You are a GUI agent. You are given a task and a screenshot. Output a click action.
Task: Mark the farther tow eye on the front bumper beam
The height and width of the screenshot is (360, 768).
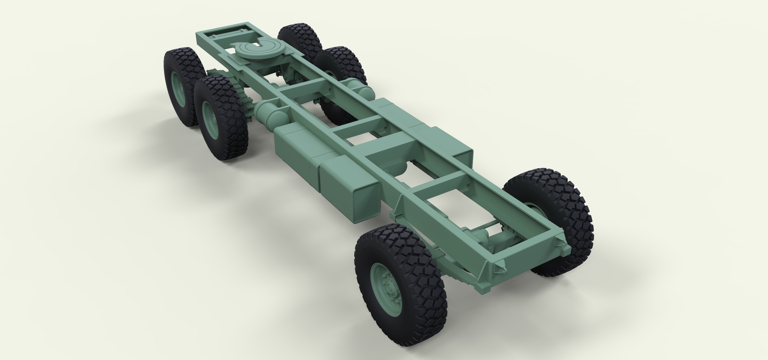tap(559, 240)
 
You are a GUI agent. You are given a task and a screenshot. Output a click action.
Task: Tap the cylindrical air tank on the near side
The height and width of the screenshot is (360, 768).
tap(271, 112)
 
